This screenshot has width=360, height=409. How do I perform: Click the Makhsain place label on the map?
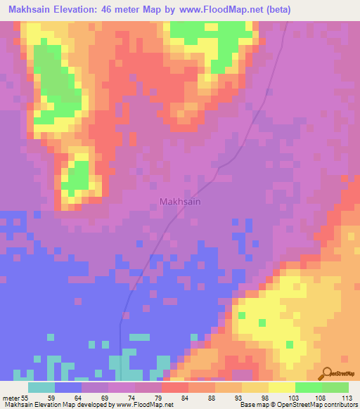click(x=179, y=202)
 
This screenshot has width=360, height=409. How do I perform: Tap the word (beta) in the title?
click(x=276, y=10)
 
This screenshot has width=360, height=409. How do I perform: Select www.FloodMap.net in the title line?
click(x=213, y=10)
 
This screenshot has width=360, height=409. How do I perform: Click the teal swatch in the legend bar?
click(x=41, y=387)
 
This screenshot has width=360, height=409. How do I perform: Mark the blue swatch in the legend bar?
click(x=68, y=387)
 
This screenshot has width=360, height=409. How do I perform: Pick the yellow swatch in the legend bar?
click(x=281, y=387)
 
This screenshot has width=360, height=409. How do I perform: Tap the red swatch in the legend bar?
click(x=175, y=387)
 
